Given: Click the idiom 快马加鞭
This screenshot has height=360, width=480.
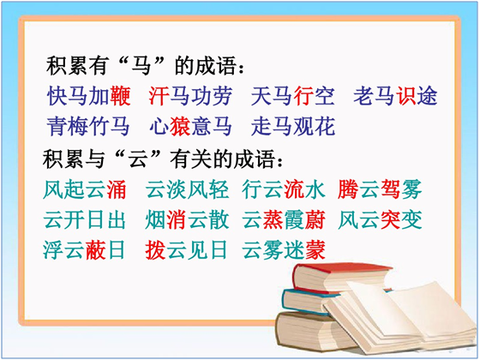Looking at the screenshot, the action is click(x=89, y=96).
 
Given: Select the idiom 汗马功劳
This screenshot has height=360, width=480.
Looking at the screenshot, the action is click(x=190, y=96).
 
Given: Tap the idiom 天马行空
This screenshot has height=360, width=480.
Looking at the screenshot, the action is click(x=292, y=96).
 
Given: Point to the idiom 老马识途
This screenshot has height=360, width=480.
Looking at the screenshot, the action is click(x=395, y=96).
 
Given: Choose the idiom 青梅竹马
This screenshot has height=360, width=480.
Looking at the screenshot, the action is click(x=88, y=126).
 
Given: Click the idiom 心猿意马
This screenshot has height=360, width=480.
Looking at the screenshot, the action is click(x=190, y=126).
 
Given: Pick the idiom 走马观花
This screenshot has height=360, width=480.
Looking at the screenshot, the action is click(x=293, y=126).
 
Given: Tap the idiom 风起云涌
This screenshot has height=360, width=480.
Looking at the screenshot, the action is click(x=85, y=189).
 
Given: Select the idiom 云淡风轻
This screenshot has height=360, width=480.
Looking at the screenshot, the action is click(x=187, y=189).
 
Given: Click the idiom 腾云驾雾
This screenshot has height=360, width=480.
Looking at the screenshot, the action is click(x=380, y=189).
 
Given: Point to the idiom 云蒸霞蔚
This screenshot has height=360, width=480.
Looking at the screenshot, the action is click(x=284, y=219).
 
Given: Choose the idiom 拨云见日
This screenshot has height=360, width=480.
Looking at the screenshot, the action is click(x=186, y=249).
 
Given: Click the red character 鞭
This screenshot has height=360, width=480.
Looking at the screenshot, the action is click(x=121, y=96).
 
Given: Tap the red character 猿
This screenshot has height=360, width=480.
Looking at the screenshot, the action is click(x=180, y=126).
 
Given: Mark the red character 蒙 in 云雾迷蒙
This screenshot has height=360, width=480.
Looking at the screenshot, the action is click(x=315, y=249).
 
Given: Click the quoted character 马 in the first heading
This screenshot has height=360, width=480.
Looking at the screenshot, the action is click(x=141, y=65).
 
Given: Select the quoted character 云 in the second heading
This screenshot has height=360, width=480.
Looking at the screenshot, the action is click(x=139, y=159).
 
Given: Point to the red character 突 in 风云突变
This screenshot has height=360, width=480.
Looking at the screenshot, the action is click(x=390, y=219).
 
